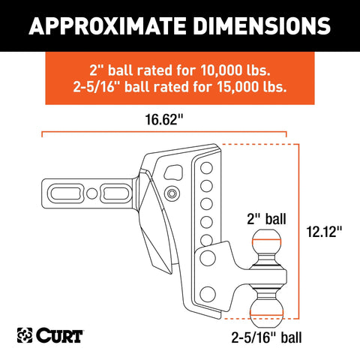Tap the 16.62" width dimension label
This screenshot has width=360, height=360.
coord(164,119)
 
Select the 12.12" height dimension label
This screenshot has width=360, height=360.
coord(324,232)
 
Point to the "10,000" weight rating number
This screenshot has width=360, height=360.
coord(221,70)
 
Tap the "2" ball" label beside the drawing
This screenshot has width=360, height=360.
coord(266,219)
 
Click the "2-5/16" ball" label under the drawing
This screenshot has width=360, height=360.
coord(266,337)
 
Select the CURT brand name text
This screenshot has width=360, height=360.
coord(59,335)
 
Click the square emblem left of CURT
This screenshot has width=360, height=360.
coord(25,335)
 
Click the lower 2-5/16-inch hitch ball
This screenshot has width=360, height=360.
coord(266,313)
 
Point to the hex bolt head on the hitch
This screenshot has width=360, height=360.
coord(172,193)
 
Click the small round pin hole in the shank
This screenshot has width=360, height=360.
coord(91,193)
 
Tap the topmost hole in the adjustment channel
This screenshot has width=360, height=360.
coord(206,168)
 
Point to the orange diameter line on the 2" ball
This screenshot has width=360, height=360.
coord(267,240)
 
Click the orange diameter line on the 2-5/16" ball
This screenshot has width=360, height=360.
coord(266,313)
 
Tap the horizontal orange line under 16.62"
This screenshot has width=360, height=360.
coord(164,132)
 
